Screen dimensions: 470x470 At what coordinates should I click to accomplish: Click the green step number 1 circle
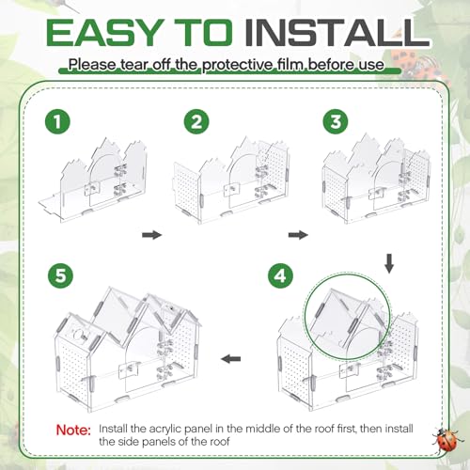pos(57,121)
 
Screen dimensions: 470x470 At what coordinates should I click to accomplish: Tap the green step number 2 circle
pos(196,121)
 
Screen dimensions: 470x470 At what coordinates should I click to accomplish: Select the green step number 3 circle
pos(336,121)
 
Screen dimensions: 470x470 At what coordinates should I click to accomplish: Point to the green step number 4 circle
pos(280,276)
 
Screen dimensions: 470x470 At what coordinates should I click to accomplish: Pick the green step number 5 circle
pos(61,276)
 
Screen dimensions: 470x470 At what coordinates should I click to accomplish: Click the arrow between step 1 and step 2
pos(152,235)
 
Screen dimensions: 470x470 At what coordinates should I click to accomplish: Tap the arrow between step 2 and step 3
pos(298,235)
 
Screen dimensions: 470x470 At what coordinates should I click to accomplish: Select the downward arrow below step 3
pos(389,263)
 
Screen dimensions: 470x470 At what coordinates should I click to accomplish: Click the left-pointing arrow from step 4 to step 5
pos(231,359)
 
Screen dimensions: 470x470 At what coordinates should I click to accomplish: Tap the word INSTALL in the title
pos(337,32)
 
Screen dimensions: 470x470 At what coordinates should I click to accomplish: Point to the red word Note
pos(73,430)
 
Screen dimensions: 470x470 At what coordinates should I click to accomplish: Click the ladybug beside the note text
pos(446,439)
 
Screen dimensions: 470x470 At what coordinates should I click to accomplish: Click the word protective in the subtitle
pos(237,65)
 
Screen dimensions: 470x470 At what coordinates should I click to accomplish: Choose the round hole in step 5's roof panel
pos(78,335)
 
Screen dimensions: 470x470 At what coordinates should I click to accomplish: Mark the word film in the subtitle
pos(290,65)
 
